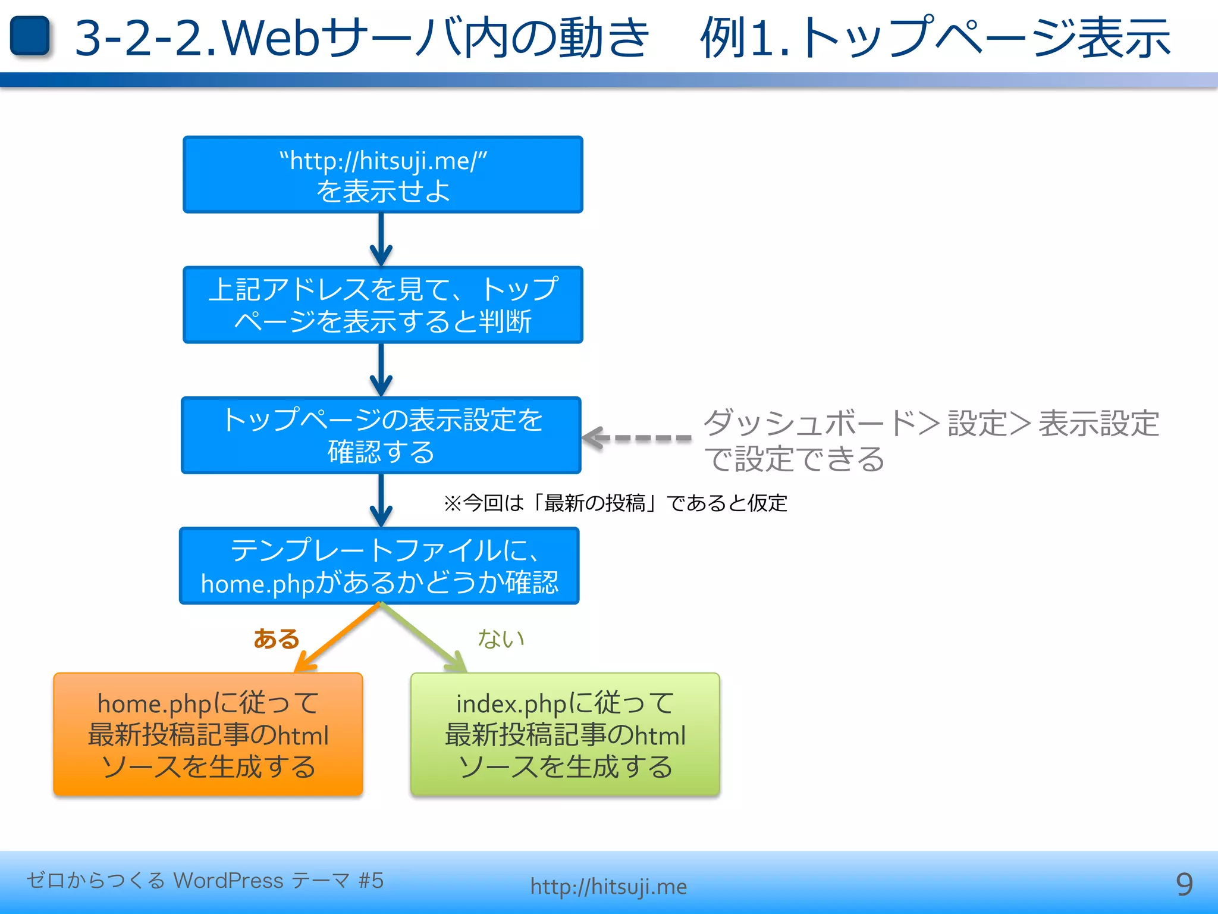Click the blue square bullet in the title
pyautogui.click(x=30, y=36)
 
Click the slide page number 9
pyautogui.click(x=1184, y=884)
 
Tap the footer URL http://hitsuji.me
pyautogui.click(x=608, y=887)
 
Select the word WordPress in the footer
pyautogui.click(x=228, y=880)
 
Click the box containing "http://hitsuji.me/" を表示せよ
pyautogui.click(x=382, y=175)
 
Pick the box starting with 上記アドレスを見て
pyautogui.click(x=382, y=305)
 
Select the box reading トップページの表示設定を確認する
pyautogui.click(x=381, y=435)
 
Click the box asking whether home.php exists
pyautogui.click(x=379, y=565)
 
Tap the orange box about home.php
pyautogui.click(x=208, y=734)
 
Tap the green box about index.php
pyautogui.click(x=565, y=734)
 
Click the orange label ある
pyautogui.click(x=276, y=638)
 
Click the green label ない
pyautogui.click(x=501, y=638)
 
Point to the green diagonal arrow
pyautogui.click(x=422, y=637)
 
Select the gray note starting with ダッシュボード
pyautogui.click(x=931, y=440)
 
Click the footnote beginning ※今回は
pyautogui.click(x=615, y=503)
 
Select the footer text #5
pyautogui.click(x=371, y=880)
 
